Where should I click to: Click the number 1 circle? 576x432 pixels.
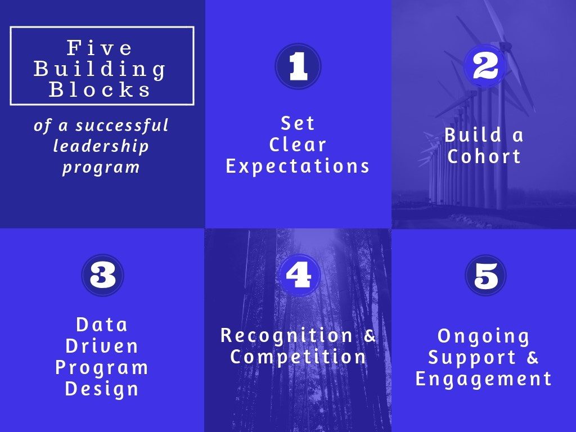coord(298,66)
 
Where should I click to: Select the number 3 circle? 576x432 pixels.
coord(102,275)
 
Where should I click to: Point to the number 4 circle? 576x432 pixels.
coord(298,274)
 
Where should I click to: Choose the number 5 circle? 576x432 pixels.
coord(485,275)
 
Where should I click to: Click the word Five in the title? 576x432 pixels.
coord(99,48)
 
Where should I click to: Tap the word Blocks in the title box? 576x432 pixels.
coord(100,89)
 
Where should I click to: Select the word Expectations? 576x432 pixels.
coord(298,166)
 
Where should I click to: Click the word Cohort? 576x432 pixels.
coord(484,156)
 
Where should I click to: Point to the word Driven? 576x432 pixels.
coord(102,346)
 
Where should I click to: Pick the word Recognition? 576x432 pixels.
coord(286,336)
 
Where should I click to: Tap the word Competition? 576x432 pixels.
coord(298,357)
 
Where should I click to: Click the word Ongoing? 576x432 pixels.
coord(483,336)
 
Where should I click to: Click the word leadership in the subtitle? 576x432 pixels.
coord(101,146)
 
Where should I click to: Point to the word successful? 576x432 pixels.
coord(122,125)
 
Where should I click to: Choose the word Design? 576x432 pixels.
coord(102,389)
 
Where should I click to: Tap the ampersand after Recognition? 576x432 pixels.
coord(370,335)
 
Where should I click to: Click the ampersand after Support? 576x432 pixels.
coord(532,357)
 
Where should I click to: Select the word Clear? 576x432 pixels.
coord(298,145)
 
